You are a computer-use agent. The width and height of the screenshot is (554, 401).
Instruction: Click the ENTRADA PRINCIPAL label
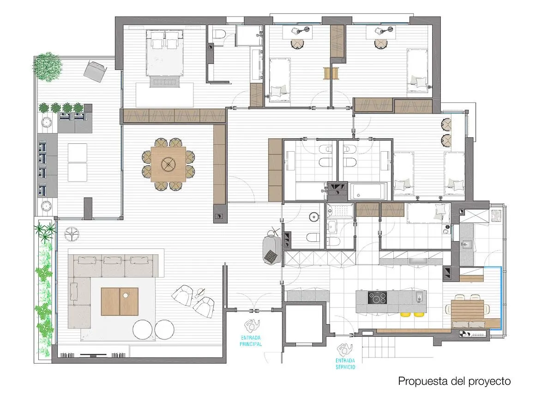251,341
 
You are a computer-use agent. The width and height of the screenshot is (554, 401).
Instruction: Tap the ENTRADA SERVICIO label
345,364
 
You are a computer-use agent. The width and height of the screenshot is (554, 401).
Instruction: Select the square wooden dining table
168,164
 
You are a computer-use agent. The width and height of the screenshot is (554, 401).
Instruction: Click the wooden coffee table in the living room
120,302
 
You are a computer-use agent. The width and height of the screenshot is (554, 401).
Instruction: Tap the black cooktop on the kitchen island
378,298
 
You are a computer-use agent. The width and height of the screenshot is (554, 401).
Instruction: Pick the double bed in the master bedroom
165,53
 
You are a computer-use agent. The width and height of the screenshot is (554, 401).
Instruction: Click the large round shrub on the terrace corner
47,67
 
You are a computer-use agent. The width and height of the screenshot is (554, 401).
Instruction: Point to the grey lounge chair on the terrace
95,71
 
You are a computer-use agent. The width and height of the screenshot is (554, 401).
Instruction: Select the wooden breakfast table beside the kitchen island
467,310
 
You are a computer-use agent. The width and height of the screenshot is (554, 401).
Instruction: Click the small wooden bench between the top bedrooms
331,74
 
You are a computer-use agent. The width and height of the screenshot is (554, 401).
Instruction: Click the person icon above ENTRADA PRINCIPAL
252,326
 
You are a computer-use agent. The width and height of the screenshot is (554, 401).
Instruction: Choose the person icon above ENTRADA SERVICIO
345,349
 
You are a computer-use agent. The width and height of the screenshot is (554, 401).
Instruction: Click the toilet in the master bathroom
219,34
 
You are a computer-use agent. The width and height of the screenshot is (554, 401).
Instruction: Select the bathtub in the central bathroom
368,191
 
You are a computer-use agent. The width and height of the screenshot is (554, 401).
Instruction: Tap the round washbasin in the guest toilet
313,217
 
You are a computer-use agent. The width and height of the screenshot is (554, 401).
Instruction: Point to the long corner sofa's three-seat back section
113,265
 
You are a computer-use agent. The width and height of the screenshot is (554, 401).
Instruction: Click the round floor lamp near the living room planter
72,234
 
